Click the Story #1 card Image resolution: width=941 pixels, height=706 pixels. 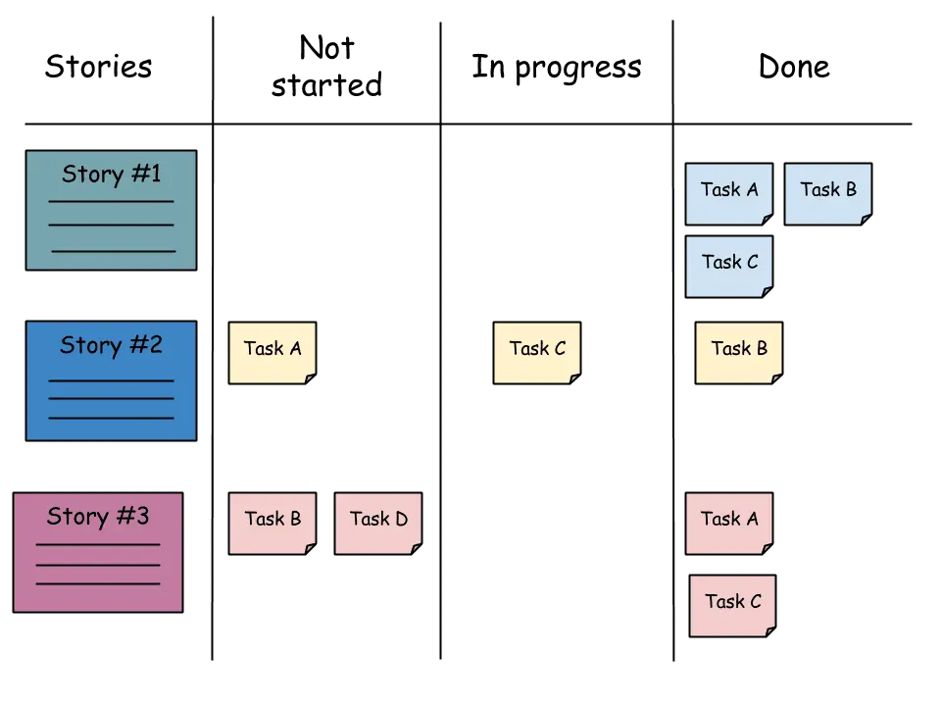[111, 210]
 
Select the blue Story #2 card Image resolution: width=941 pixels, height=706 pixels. [111, 380]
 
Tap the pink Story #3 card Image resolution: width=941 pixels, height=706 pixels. [98, 552]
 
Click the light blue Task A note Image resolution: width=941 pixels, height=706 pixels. [728, 193]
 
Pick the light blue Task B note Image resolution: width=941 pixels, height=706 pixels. [828, 193]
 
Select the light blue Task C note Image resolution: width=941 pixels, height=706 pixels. [728, 265]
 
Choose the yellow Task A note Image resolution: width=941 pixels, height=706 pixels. [272, 351]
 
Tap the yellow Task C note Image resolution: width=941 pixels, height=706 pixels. [536, 351]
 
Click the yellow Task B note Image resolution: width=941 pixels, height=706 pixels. [738, 351]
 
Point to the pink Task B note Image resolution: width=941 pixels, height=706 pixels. [272, 523]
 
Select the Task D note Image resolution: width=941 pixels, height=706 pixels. [378, 523]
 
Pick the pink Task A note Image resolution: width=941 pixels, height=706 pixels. [728, 523]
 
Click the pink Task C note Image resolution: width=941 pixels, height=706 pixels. [732, 605]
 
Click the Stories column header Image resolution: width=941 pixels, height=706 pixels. [99, 66]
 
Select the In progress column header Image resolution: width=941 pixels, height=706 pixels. [556, 66]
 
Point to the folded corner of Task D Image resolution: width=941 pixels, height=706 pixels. [416, 549]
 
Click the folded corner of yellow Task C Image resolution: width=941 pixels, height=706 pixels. [574, 378]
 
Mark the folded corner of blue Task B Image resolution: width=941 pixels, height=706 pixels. [866, 220]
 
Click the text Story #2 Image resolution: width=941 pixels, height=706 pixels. [111, 345]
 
